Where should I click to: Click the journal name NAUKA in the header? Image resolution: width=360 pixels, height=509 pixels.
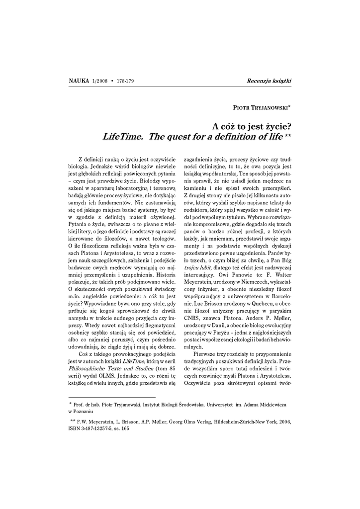click(78, 81)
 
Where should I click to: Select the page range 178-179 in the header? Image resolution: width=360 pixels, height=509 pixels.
click(128, 81)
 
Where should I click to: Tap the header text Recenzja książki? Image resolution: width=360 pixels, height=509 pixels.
click(269, 81)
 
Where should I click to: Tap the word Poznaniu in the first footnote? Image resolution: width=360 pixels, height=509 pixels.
click(83, 412)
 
